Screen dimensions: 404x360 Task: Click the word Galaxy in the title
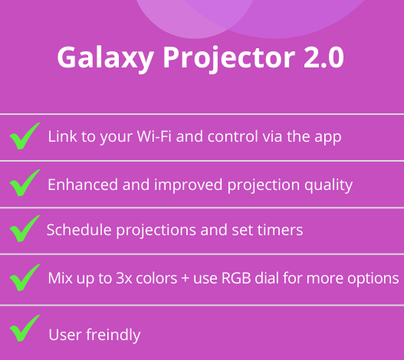pos(105,59)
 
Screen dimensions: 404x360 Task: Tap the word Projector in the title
pos(229,59)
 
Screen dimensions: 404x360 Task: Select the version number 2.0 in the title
pos(324,57)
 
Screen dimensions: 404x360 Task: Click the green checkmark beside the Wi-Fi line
pos(25,136)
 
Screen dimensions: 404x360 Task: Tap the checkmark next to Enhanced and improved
pos(25,182)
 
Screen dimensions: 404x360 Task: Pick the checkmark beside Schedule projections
pos(25,229)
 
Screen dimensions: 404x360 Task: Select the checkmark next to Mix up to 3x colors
pos(25,277)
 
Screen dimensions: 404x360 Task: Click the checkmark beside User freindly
pos(25,329)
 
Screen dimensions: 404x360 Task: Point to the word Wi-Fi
pos(154,136)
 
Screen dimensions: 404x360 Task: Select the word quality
pos(328,185)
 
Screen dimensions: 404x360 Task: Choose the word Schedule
pos(79,230)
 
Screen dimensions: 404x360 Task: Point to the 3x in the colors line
pos(124,278)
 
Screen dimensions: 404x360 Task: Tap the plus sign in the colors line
pos(185,279)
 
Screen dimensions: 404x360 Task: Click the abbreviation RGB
pos(236,278)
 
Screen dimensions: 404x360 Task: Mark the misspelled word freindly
pos(113,334)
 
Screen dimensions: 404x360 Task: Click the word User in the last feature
pos(65,335)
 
